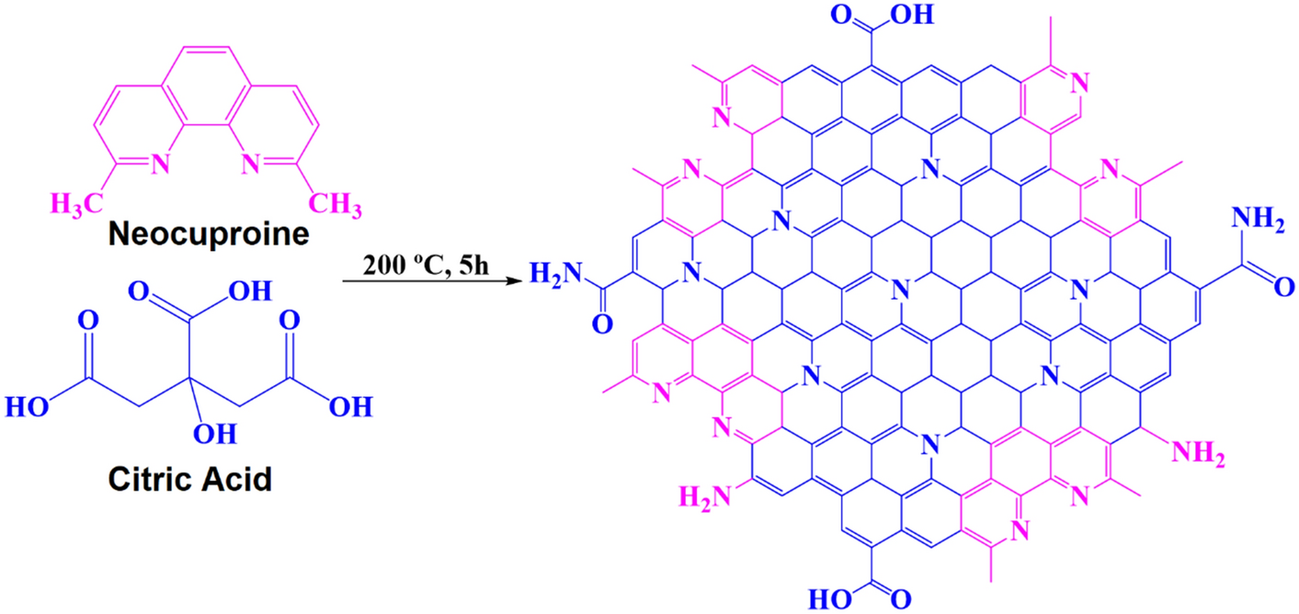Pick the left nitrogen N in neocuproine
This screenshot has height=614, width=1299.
coord(161,165)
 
